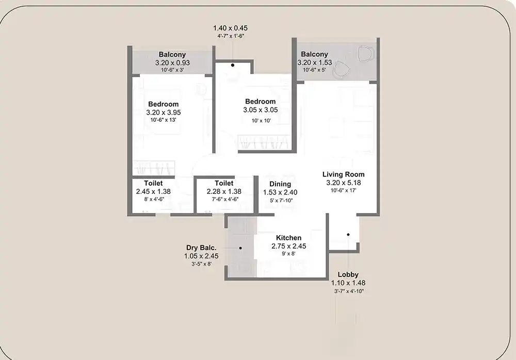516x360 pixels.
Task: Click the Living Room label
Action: pyautogui.click(x=344, y=174)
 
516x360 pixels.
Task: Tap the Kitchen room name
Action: pyautogui.click(x=288, y=238)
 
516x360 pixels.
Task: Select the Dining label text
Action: pyautogui.click(x=280, y=184)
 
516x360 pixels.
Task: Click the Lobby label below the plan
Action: pyautogui.click(x=348, y=274)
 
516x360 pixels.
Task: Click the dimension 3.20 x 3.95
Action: pyautogui.click(x=164, y=112)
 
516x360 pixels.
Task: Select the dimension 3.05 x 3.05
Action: pyautogui.click(x=260, y=110)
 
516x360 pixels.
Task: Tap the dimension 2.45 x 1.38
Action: pyautogui.click(x=153, y=191)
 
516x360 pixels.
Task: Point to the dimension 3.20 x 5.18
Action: pyautogui.click(x=344, y=183)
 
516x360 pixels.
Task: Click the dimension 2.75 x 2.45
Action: pyautogui.click(x=288, y=246)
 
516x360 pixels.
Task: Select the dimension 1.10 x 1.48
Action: pyautogui.click(x=348, y=283)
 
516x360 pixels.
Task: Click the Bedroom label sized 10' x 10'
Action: pyautogui.click(x=260, y=101)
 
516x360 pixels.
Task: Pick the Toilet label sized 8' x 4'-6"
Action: pyautogui.click(x=153, y=183)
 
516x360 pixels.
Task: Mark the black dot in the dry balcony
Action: pyautogui.click(x=240, y=248)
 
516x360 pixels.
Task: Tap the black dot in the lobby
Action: pyautogui.click(x=348, y=235)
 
